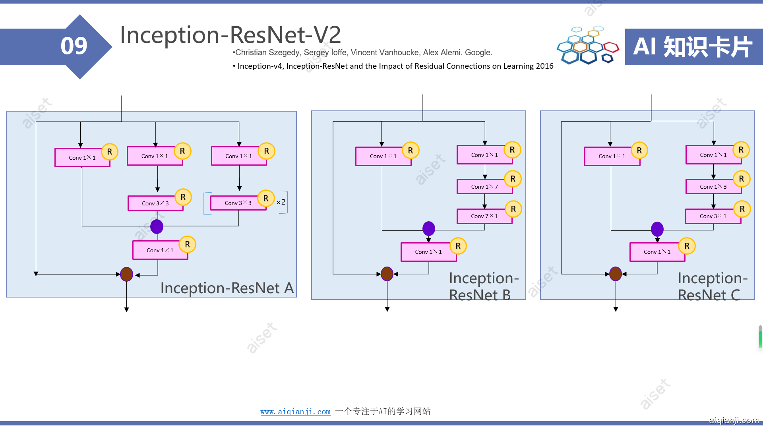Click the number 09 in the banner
tap(74, 46)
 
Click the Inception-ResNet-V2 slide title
tap(230, 35)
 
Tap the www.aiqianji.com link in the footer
tap(295, 412)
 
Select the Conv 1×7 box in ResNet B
tap(484, 187)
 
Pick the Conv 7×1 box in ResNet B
tap(484, 216)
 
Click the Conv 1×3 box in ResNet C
tap(713, 187)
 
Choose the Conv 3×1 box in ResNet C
tap(713, 216)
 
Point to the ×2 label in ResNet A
tap(281, 202)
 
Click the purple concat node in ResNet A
tap(157, 226)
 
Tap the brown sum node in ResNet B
tap(387, 274)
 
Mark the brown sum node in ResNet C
tap(616, 274)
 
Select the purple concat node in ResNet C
tap(657, 229)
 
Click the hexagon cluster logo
tap(587, 46)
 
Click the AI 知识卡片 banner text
tap(693, 47)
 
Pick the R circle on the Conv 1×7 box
tap(513, 179)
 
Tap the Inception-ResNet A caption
tap(227, 288)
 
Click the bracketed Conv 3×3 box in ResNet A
tap(238, 203)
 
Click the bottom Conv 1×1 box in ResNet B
tap(428, 252)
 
